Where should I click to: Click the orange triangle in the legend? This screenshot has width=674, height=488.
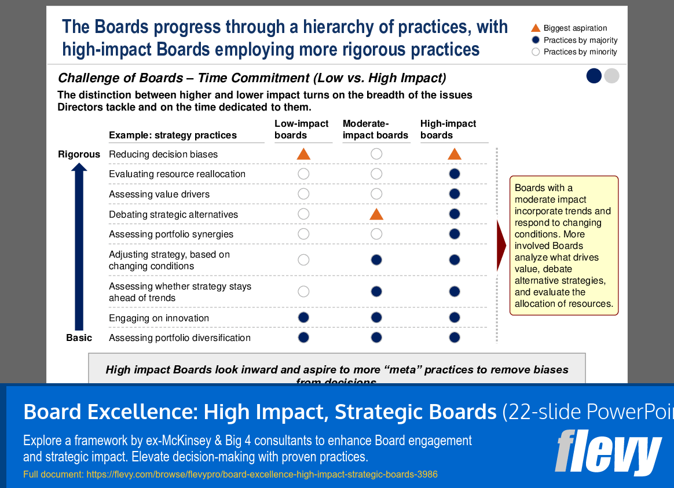pos(536,28)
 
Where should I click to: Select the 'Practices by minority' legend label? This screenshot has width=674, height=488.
pos(580,52)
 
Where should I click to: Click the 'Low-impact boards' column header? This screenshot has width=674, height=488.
pos(301,129)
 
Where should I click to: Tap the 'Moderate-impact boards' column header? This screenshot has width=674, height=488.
pos(375,129)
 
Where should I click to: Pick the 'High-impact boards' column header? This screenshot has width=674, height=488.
pos(448,129)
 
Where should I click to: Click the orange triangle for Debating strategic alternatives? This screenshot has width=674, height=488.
pos(376,215)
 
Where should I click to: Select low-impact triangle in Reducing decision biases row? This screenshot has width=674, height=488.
pos(303,154)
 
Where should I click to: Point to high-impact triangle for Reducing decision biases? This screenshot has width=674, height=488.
pos(455,154)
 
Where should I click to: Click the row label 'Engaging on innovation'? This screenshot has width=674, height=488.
pos(159,318)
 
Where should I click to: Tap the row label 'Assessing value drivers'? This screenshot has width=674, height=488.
pos(159,194)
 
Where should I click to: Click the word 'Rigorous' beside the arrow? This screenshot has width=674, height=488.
pos(79,155)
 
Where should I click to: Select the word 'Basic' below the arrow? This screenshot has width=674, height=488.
pos(79,338)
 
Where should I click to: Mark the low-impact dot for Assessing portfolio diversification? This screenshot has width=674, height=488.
pos(303,337)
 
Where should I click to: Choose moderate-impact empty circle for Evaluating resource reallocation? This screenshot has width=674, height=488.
pos(376,174)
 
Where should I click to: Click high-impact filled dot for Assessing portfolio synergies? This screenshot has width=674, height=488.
pos(455,234)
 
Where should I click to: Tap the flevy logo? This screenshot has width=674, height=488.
pos(607,452)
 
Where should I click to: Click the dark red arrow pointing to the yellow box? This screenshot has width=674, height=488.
pos(501,245)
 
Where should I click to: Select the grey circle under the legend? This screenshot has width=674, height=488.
pos(611,76)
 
